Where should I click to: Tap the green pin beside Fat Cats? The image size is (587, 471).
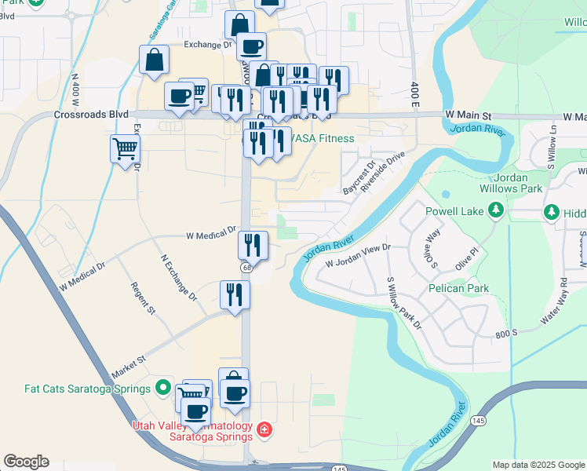pyautogui.click(x=163, y=387)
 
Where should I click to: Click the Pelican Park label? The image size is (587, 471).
pyautogui.click(x=459, y=288)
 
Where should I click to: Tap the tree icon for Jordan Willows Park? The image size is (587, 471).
pyautogui.click(x=495, y=210)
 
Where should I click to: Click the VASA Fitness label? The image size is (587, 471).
pyautogui.click(x=322, y=139)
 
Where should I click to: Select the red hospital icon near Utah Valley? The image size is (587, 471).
pyautogui.click(x=264, y=429)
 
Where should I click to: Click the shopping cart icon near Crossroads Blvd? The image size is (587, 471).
pyautogui.click(x=126, y=148)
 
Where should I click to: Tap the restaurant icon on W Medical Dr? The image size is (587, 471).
pyautogui.click(x=253, y=245)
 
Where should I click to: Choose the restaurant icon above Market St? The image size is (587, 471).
pyautogui.click(x=234, y=295)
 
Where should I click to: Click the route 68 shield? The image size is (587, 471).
pyautogui.click(x=246, y=268)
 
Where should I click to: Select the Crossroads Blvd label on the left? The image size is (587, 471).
pyautogui.click(x=91, y=114)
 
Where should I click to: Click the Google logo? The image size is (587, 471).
pyautogui.click(x=26, y=462)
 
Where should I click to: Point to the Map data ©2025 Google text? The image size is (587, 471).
pyautogui.click(x=538, y=465)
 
